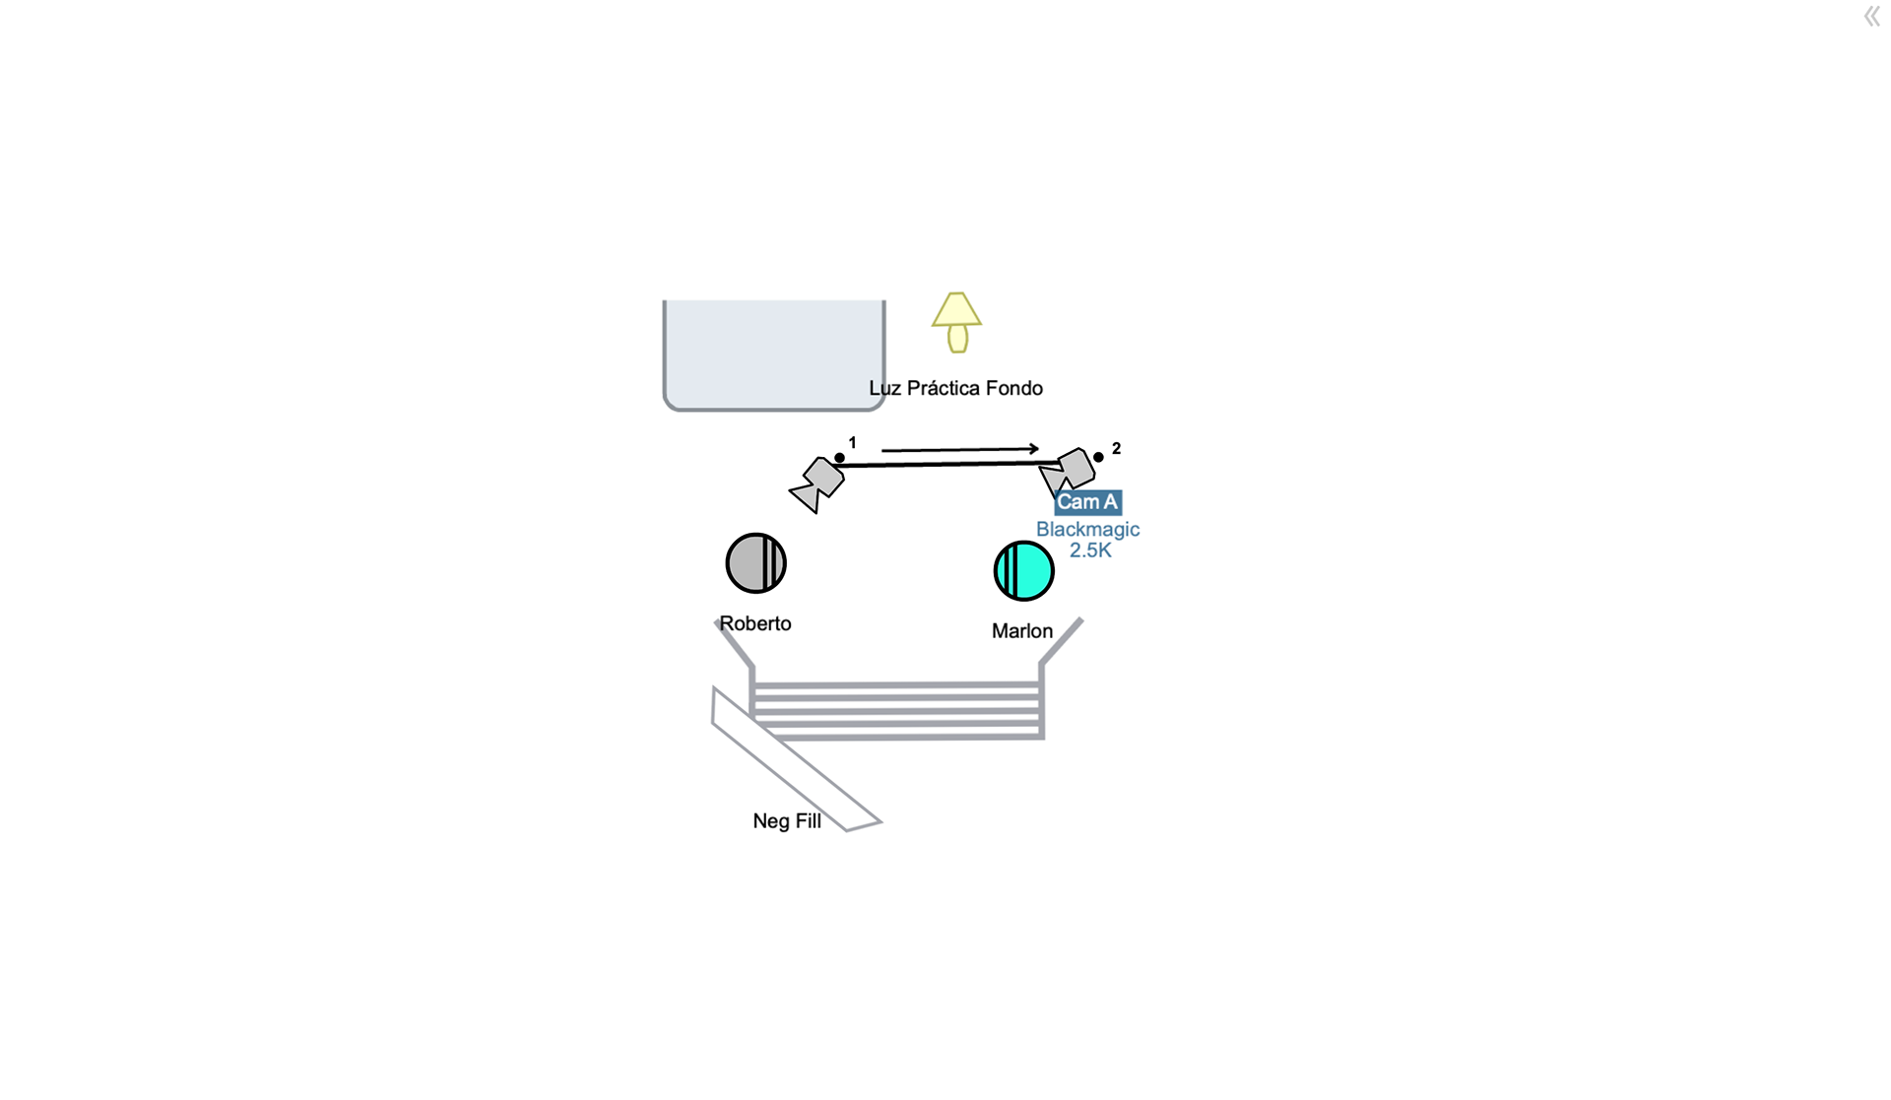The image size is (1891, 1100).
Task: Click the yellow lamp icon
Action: click(x=956, y=321)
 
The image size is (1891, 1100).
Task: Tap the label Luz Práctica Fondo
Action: click(x=955, y=388)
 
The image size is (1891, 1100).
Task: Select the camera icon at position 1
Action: click(x=818, y=484)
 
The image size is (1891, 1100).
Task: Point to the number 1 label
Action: click(x=853, y=443)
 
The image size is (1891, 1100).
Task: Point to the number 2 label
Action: click(x=1116, y=448)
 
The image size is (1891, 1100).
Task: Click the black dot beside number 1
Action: click(x=839, y=458)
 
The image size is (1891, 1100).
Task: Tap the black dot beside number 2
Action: click(x=1098, y=457)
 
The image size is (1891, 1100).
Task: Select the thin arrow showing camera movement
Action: click(x=959, y=449)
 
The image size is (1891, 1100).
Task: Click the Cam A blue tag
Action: click(x=1087, y=502)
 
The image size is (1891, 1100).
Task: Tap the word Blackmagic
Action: click(x=1087, y=529)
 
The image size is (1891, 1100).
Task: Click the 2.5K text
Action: click(x=1090, y=550)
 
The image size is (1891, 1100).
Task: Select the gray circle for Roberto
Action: click(x=755, y=563)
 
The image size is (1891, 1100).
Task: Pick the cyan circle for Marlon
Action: click(x=1023, y=571)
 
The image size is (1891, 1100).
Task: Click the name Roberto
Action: click(x=755, y=623)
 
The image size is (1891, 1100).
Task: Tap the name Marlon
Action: click(x=1022, y=631)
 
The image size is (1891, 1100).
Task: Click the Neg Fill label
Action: click(x=787, y=821)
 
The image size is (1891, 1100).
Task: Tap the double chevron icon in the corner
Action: click(x=1871, y=16)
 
